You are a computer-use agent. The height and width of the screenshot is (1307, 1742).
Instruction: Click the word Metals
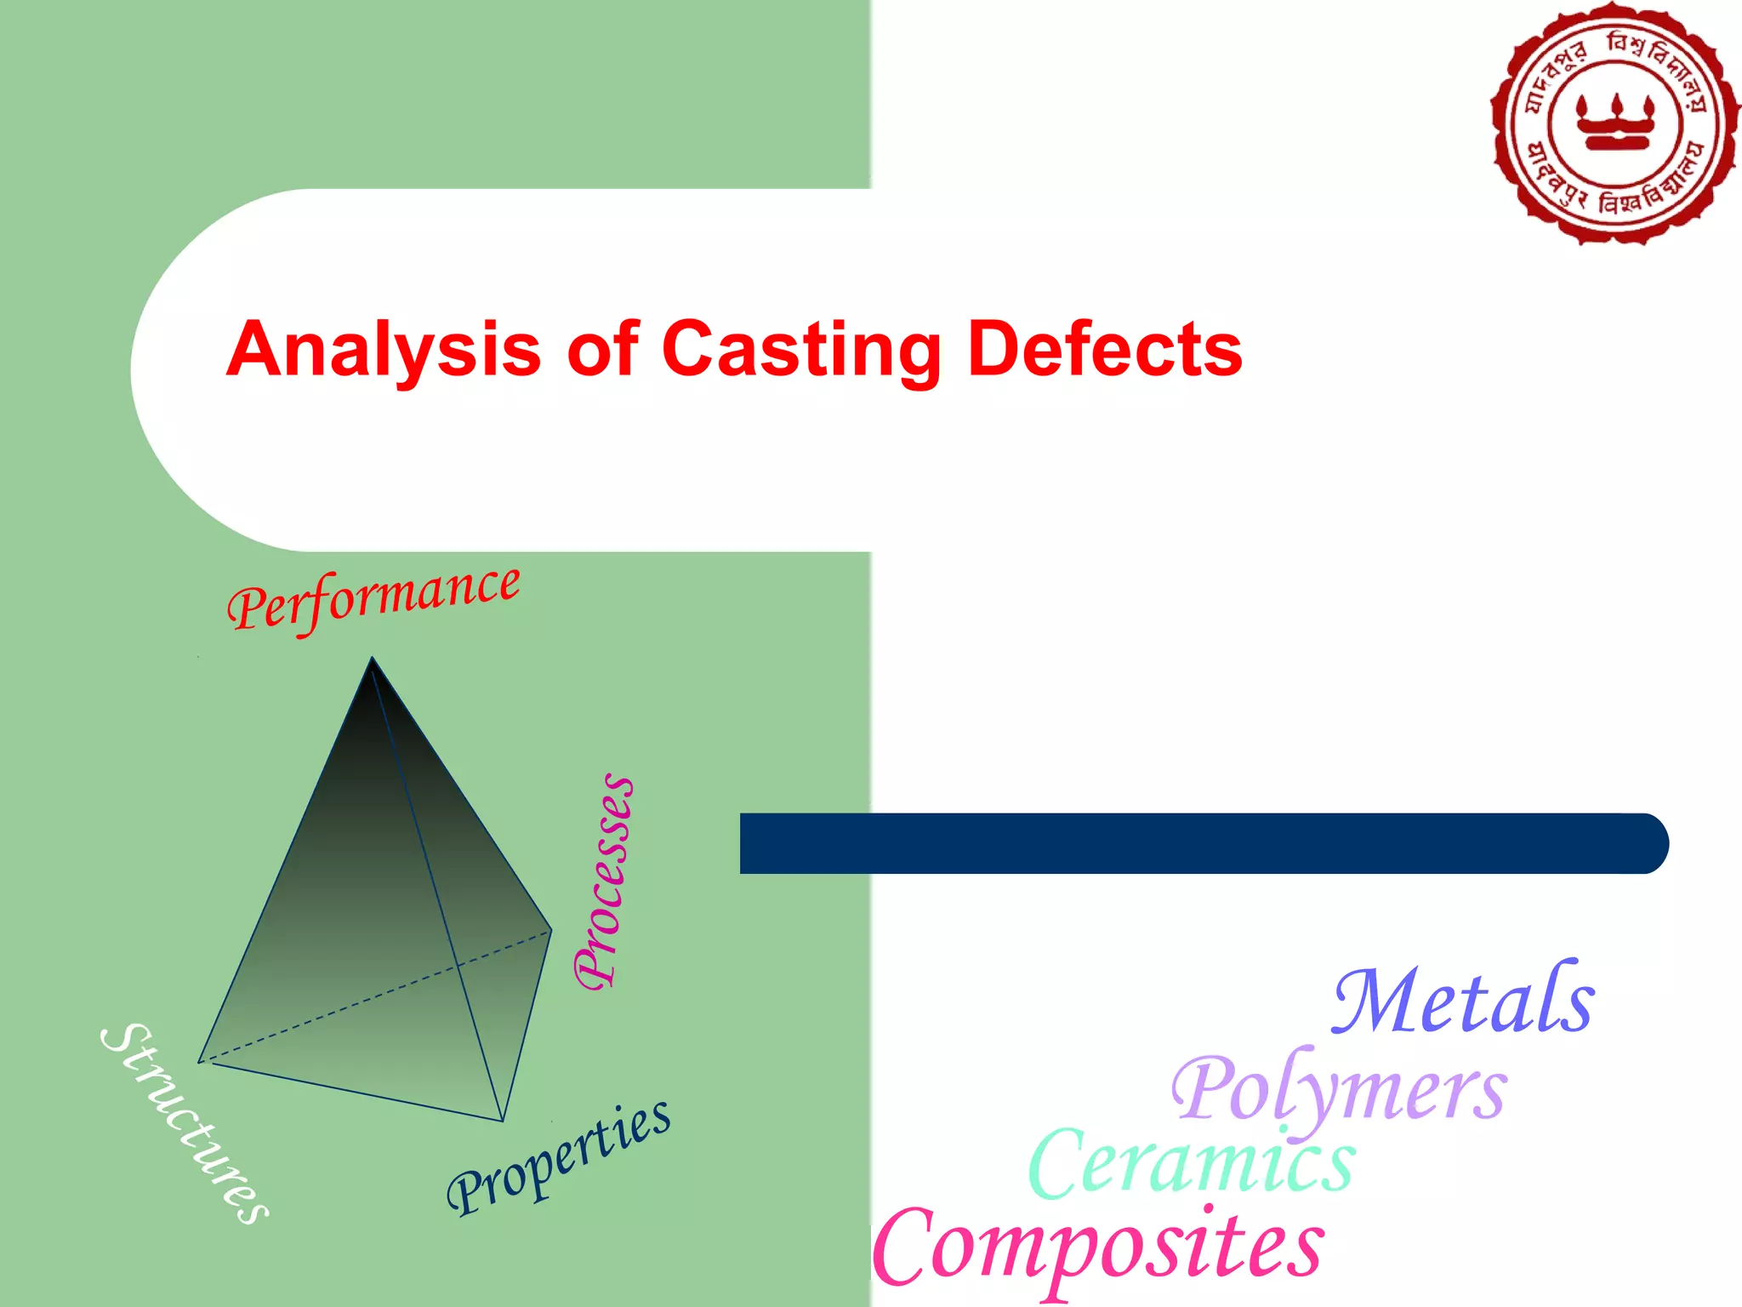(1463, 1001)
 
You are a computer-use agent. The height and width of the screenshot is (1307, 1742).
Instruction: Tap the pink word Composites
(1097, 1247)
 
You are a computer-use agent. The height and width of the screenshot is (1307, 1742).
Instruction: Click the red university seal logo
(1614, 124)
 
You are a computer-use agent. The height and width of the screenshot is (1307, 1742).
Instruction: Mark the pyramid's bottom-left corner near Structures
(200, 1061)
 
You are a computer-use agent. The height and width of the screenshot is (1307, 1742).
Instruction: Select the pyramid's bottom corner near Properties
(503, 1121)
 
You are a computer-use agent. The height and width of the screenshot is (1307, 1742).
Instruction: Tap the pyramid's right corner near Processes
(551, 930)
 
